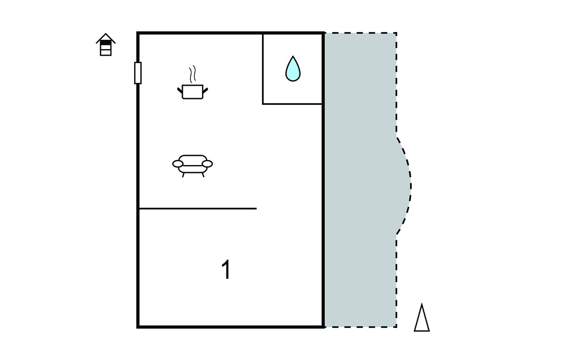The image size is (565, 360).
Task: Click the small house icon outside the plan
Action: (105, 45)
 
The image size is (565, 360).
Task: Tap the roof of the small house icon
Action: (105, 38)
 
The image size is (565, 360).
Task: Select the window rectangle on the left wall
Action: (137, 73)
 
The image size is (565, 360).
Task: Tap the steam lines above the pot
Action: (193, 73)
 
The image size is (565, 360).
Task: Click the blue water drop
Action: (293, 68)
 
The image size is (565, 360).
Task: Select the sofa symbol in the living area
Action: (193, 166)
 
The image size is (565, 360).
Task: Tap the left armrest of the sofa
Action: (178, 164)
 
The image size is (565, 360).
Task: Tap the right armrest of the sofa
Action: (207, 164)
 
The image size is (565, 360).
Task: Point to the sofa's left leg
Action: (183, 175)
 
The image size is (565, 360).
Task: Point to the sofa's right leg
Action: (203, 175)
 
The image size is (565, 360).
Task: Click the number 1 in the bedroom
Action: (226, 269)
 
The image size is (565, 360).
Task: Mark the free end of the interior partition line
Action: (256, 209)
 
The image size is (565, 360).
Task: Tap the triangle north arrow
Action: (422, 318)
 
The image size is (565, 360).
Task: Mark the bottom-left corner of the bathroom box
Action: (263, 104)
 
